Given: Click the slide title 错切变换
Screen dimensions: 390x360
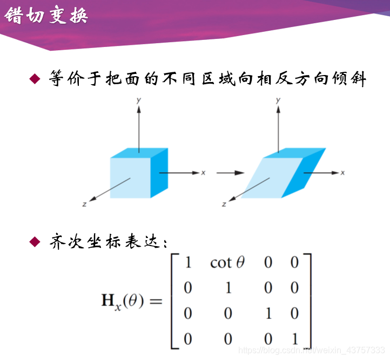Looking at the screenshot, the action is tap(45, 16).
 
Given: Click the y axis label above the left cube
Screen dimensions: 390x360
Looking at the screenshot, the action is tap(139, 100).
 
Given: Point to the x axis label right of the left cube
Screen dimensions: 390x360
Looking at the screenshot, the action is tap(203, 173).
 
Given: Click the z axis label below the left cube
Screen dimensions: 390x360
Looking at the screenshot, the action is tap(85, 204).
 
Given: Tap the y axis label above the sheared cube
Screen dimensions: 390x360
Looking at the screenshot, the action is tap(278, 100).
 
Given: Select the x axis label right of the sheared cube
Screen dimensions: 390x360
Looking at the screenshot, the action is tap(342, 173).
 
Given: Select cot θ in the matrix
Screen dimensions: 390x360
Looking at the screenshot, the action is tap(227, 263).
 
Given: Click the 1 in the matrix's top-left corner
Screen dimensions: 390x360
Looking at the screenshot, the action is tap(188, 263).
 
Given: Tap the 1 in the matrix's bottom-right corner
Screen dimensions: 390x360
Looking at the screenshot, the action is tap(294, 339).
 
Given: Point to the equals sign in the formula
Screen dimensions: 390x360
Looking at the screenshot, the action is tap(155, 301).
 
